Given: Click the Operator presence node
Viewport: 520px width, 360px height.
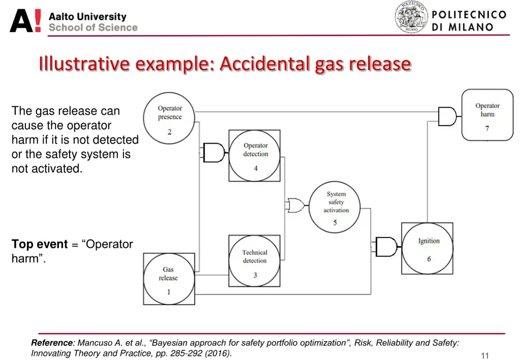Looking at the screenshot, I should pyautogui.click(x=170, y=118).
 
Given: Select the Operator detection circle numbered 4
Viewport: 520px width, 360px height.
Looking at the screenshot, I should pyautogui.click(x=254, y=156).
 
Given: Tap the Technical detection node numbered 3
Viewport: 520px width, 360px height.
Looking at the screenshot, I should pyautogui.click(x=254, y=260).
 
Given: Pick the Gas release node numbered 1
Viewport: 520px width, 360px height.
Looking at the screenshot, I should pyautogui.click(x=169, y=279).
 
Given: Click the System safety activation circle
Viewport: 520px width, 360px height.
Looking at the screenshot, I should pyautogui.click(x=335, y=206).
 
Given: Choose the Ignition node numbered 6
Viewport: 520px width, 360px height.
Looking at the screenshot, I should pyautogui.click(x=428, y=248).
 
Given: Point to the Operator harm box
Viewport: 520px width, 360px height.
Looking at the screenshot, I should pyautogui.click(x=487, y=115).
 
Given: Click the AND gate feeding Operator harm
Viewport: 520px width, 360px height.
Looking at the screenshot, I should pyautogui.click(x=447, y=116).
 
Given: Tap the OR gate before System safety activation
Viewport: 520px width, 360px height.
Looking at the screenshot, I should pyautogui.click(x=296, y=206).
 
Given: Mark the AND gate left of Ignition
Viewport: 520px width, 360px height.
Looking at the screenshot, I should pyautogui.click(x=386, y=246).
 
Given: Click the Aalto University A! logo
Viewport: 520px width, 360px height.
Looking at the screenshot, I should pyautogui.click(x=25, y=22).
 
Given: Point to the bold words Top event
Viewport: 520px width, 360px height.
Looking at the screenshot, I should pyautogui.click(x=40, y=244).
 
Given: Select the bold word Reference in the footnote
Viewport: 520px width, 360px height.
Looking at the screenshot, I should pyautogui.click(x=52, y=343).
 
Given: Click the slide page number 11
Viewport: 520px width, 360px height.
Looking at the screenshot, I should pyautogui.click(x=484, y=355).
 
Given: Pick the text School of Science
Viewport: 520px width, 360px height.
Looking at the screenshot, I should pyautogui.click(x=93, y=28).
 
